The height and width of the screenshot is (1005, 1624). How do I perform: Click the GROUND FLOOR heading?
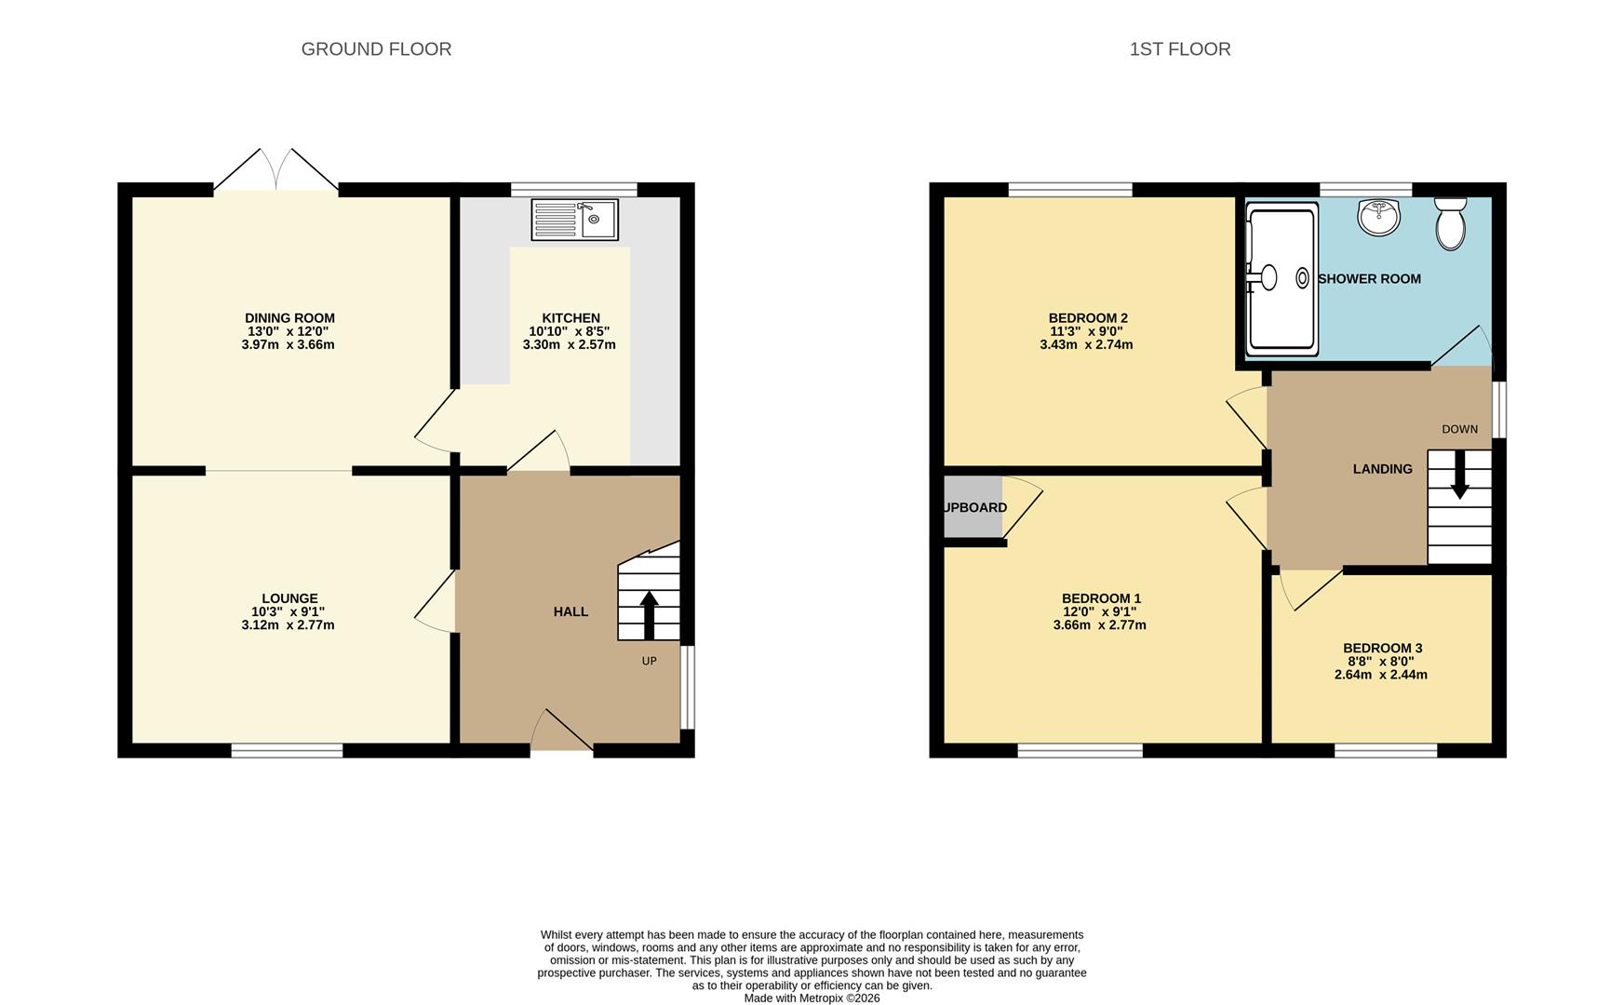pyautogui.click(x=376, y=49)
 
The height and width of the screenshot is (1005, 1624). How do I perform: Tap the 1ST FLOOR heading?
pyautogui.click(x=1179, y=49)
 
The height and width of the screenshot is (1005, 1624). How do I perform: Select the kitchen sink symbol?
pyautogui.click(x=574, y=220)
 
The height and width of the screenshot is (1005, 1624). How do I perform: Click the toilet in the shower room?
pyautogui.click(x=1450, y=223)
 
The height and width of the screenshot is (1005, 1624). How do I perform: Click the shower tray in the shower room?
pyautogui.click(x=1282, y=279)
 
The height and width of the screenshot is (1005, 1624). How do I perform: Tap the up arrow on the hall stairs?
pyautogui.click(x=649, y=614)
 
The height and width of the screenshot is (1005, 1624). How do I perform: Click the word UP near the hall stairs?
pyautogui.click(x=649, y=662)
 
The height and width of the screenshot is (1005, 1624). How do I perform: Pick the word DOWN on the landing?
pyautogui.click(x=1459, y=429)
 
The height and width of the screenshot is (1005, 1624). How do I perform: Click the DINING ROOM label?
pyautogui.click(x=289, y=318)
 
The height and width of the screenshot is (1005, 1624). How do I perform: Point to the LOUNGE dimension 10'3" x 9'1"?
pyautogui.click(x=288, y=612)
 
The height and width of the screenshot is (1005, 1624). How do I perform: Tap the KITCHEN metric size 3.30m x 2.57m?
pyautogui.click(x=569, y=344)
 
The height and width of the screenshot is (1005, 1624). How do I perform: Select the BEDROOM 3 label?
pyautogui.click(x=1382, y=649)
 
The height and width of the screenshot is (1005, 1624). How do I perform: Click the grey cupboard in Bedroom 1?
pyautogui.click(x=973, y=507)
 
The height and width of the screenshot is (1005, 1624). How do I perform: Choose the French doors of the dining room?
pyautogui.click(x=275, y=172)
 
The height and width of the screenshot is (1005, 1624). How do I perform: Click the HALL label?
pyautogui.click(x=570, y=611)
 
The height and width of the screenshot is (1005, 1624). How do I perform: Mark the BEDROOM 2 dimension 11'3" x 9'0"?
pyautogui.click(x=1086, y=331)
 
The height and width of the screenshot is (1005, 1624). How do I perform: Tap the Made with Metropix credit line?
pyautogui.click(x=812, y=998)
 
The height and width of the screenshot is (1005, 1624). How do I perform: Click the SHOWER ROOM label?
pyautogui.click(x=1369, y=279)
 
